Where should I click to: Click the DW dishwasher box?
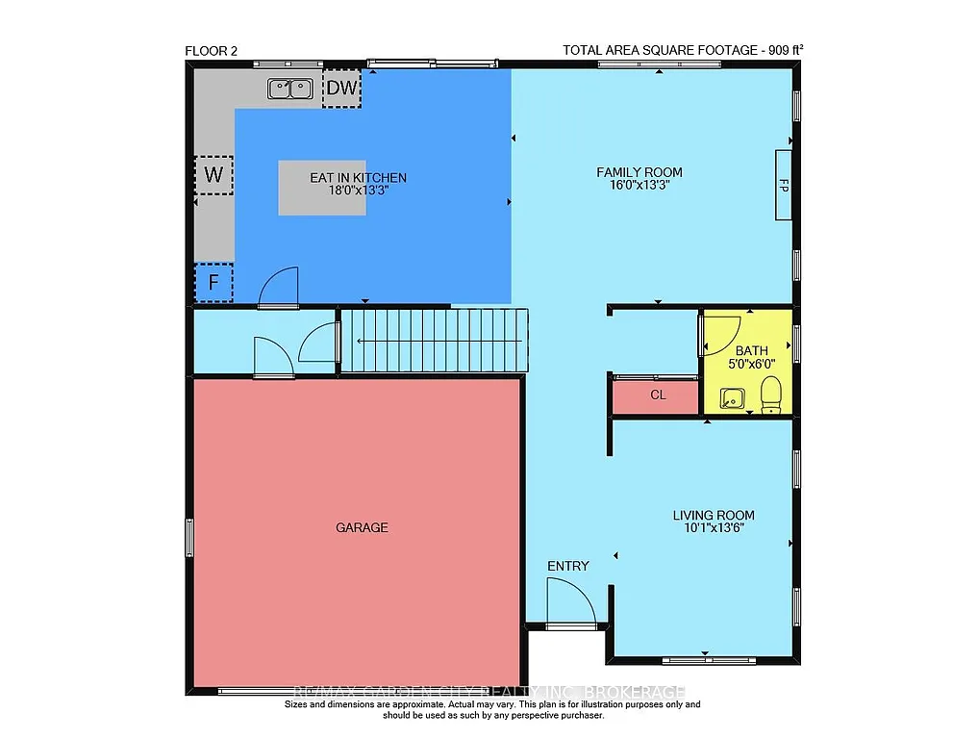click(341, 89)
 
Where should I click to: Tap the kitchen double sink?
click(289, 89)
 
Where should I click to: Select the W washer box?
click(214, 175)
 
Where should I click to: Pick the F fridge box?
click(213, 283)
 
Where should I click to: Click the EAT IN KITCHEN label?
click(358, 178)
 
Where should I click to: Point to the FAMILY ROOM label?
click(639, 172)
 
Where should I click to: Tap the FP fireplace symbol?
click(784, 185)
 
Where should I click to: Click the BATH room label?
click(751, 351)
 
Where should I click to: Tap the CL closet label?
click(658, 395)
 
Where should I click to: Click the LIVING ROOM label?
click(714, 516)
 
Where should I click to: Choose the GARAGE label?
click(362, 527)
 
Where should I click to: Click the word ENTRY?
click(567, 566)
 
